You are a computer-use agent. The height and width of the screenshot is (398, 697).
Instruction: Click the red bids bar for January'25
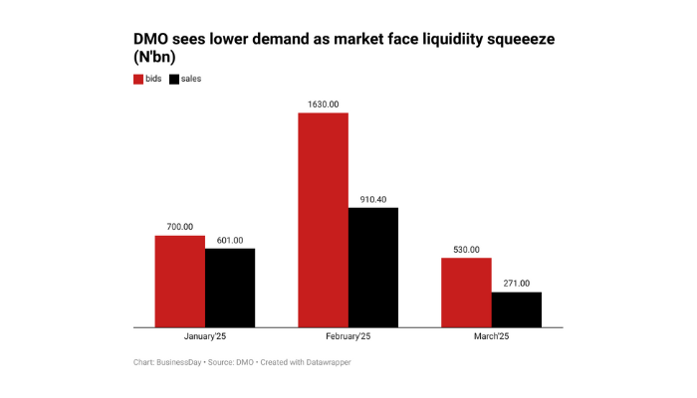(179, 281)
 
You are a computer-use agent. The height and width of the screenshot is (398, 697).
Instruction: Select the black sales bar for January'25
(230, 287)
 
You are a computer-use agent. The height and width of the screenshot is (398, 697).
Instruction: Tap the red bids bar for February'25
(324, 219)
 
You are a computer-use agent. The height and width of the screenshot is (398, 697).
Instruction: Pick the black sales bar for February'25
(373, 267)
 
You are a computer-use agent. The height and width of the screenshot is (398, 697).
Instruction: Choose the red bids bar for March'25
(467, 292)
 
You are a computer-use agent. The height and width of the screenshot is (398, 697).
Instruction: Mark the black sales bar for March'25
(517, 308)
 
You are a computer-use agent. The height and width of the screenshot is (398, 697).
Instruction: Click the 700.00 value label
(180, 228)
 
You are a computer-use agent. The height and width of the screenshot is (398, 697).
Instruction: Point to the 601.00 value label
(230, 240)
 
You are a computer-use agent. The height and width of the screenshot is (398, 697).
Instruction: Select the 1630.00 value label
(324, 103)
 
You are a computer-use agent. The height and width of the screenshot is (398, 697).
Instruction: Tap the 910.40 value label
(373, 199)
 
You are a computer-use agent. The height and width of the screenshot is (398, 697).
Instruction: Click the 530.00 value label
(467, 250)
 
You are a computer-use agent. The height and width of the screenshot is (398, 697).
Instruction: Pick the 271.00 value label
(517, 284)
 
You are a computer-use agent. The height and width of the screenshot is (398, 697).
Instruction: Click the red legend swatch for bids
(138, 78)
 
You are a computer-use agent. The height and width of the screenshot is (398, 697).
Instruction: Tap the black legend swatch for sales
(174, 78)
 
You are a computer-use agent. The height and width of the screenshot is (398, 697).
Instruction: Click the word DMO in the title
(151, 39)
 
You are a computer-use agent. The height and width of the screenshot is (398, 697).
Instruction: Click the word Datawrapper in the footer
(325, 362)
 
